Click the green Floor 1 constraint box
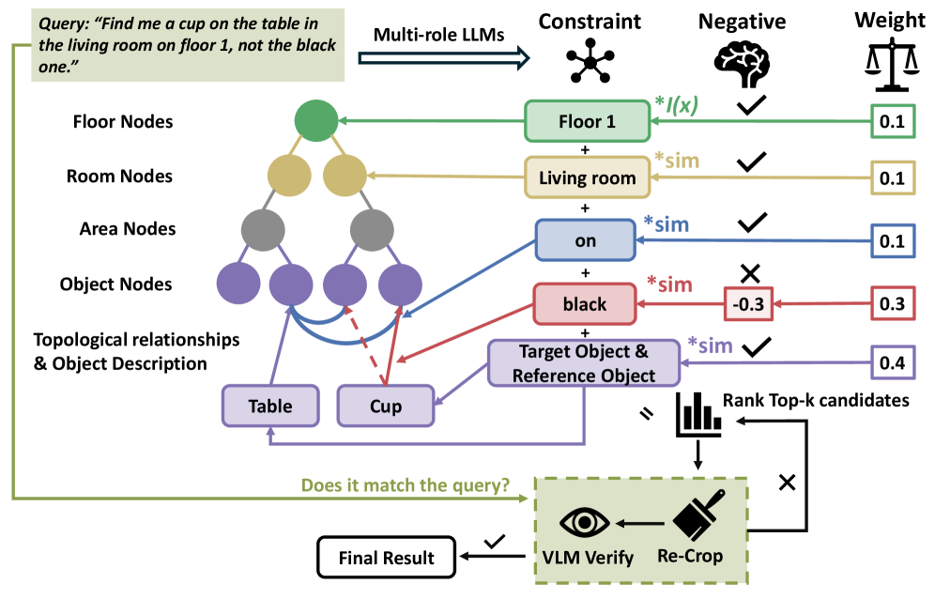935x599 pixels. click(587, 122)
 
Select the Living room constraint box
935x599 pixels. click(587, 177)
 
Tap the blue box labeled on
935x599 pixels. click(585, 241)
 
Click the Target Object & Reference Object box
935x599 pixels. click(584, 362)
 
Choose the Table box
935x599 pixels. click(270, 407)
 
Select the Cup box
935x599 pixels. click(386, 407)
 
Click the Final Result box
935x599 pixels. click(386, 558)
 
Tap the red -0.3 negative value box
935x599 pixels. click(748, 304)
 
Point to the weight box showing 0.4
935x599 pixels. click(891, 361)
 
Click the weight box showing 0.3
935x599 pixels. click(891, 304)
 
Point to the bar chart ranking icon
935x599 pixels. click(697, 414)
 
